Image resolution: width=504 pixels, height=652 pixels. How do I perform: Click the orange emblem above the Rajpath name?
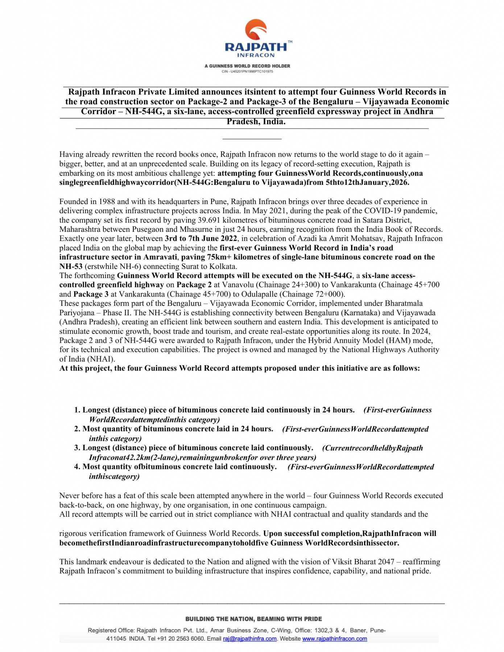[256, 29]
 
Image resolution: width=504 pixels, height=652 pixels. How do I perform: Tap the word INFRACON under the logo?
[256, 55]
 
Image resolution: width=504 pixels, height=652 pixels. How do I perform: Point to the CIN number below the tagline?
[247, 71]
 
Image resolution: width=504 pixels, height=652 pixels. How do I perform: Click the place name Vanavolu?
[238, 285]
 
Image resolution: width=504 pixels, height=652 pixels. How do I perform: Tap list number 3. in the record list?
[77, 448]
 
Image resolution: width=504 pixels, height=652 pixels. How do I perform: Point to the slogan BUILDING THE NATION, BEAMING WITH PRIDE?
[253, 619]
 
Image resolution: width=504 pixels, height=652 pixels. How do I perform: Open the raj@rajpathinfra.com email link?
[249, 639]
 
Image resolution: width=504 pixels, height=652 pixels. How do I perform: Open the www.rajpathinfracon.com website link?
[334, 639]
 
